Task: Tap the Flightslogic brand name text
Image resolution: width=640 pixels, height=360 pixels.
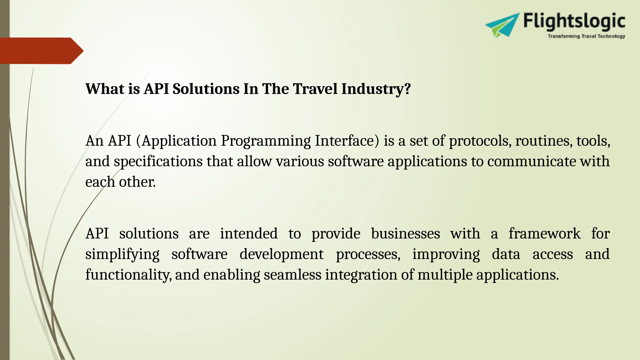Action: (x=574, y=21)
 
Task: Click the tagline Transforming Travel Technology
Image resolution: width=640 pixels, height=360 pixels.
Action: (x=586, y=36)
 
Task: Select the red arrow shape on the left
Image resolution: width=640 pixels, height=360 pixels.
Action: (x=41, y=51)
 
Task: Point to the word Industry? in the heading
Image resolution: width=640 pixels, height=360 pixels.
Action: (x=376, y=89)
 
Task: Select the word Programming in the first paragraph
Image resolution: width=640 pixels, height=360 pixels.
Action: (x=266, y=141)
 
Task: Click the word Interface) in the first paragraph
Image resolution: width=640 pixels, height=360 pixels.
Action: (x=347, y=141)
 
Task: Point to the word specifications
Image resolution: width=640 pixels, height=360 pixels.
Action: (x=158, y=162)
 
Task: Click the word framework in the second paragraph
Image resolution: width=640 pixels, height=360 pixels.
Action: (x=544, y=233)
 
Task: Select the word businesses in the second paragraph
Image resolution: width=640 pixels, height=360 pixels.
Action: (x=405, y=233)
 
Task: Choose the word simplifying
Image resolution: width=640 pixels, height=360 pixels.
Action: (x=122, y=254)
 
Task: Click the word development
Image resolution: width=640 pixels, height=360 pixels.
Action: (x=281, y=254)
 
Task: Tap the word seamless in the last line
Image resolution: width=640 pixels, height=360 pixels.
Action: (x=292, y=275)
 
